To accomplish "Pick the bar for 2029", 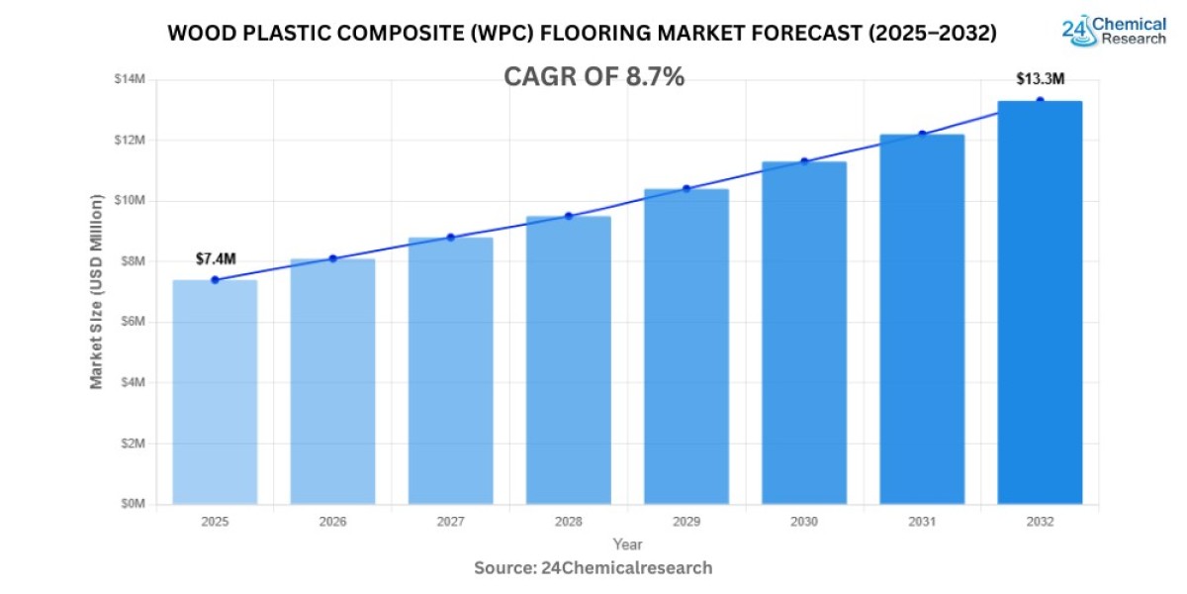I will (x=686, y=346).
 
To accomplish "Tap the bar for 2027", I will (x=450, y=370).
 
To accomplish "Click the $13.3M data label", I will (x=1040, y=79).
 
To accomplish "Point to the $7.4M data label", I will (x=215, y=258).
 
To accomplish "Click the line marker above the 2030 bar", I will (x=804, y=161).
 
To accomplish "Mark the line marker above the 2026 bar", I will (x=332, y=258).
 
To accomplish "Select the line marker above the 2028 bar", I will (x=569, y=216).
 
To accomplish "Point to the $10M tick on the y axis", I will (x=130, y=201).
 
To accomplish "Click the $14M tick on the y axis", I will (x=130, y=79).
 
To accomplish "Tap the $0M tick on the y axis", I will (x=132, y=504).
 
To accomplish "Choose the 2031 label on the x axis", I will (x=922, y=522).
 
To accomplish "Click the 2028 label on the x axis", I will (x=569, y=522).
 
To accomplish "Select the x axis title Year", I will (x=627, y=544).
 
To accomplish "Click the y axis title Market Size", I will (x=97, y=291).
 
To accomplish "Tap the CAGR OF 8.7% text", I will (x=593, y=77).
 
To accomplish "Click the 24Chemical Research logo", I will (x=1114, y=30).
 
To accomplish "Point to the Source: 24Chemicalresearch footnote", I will (x=593, y=568).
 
